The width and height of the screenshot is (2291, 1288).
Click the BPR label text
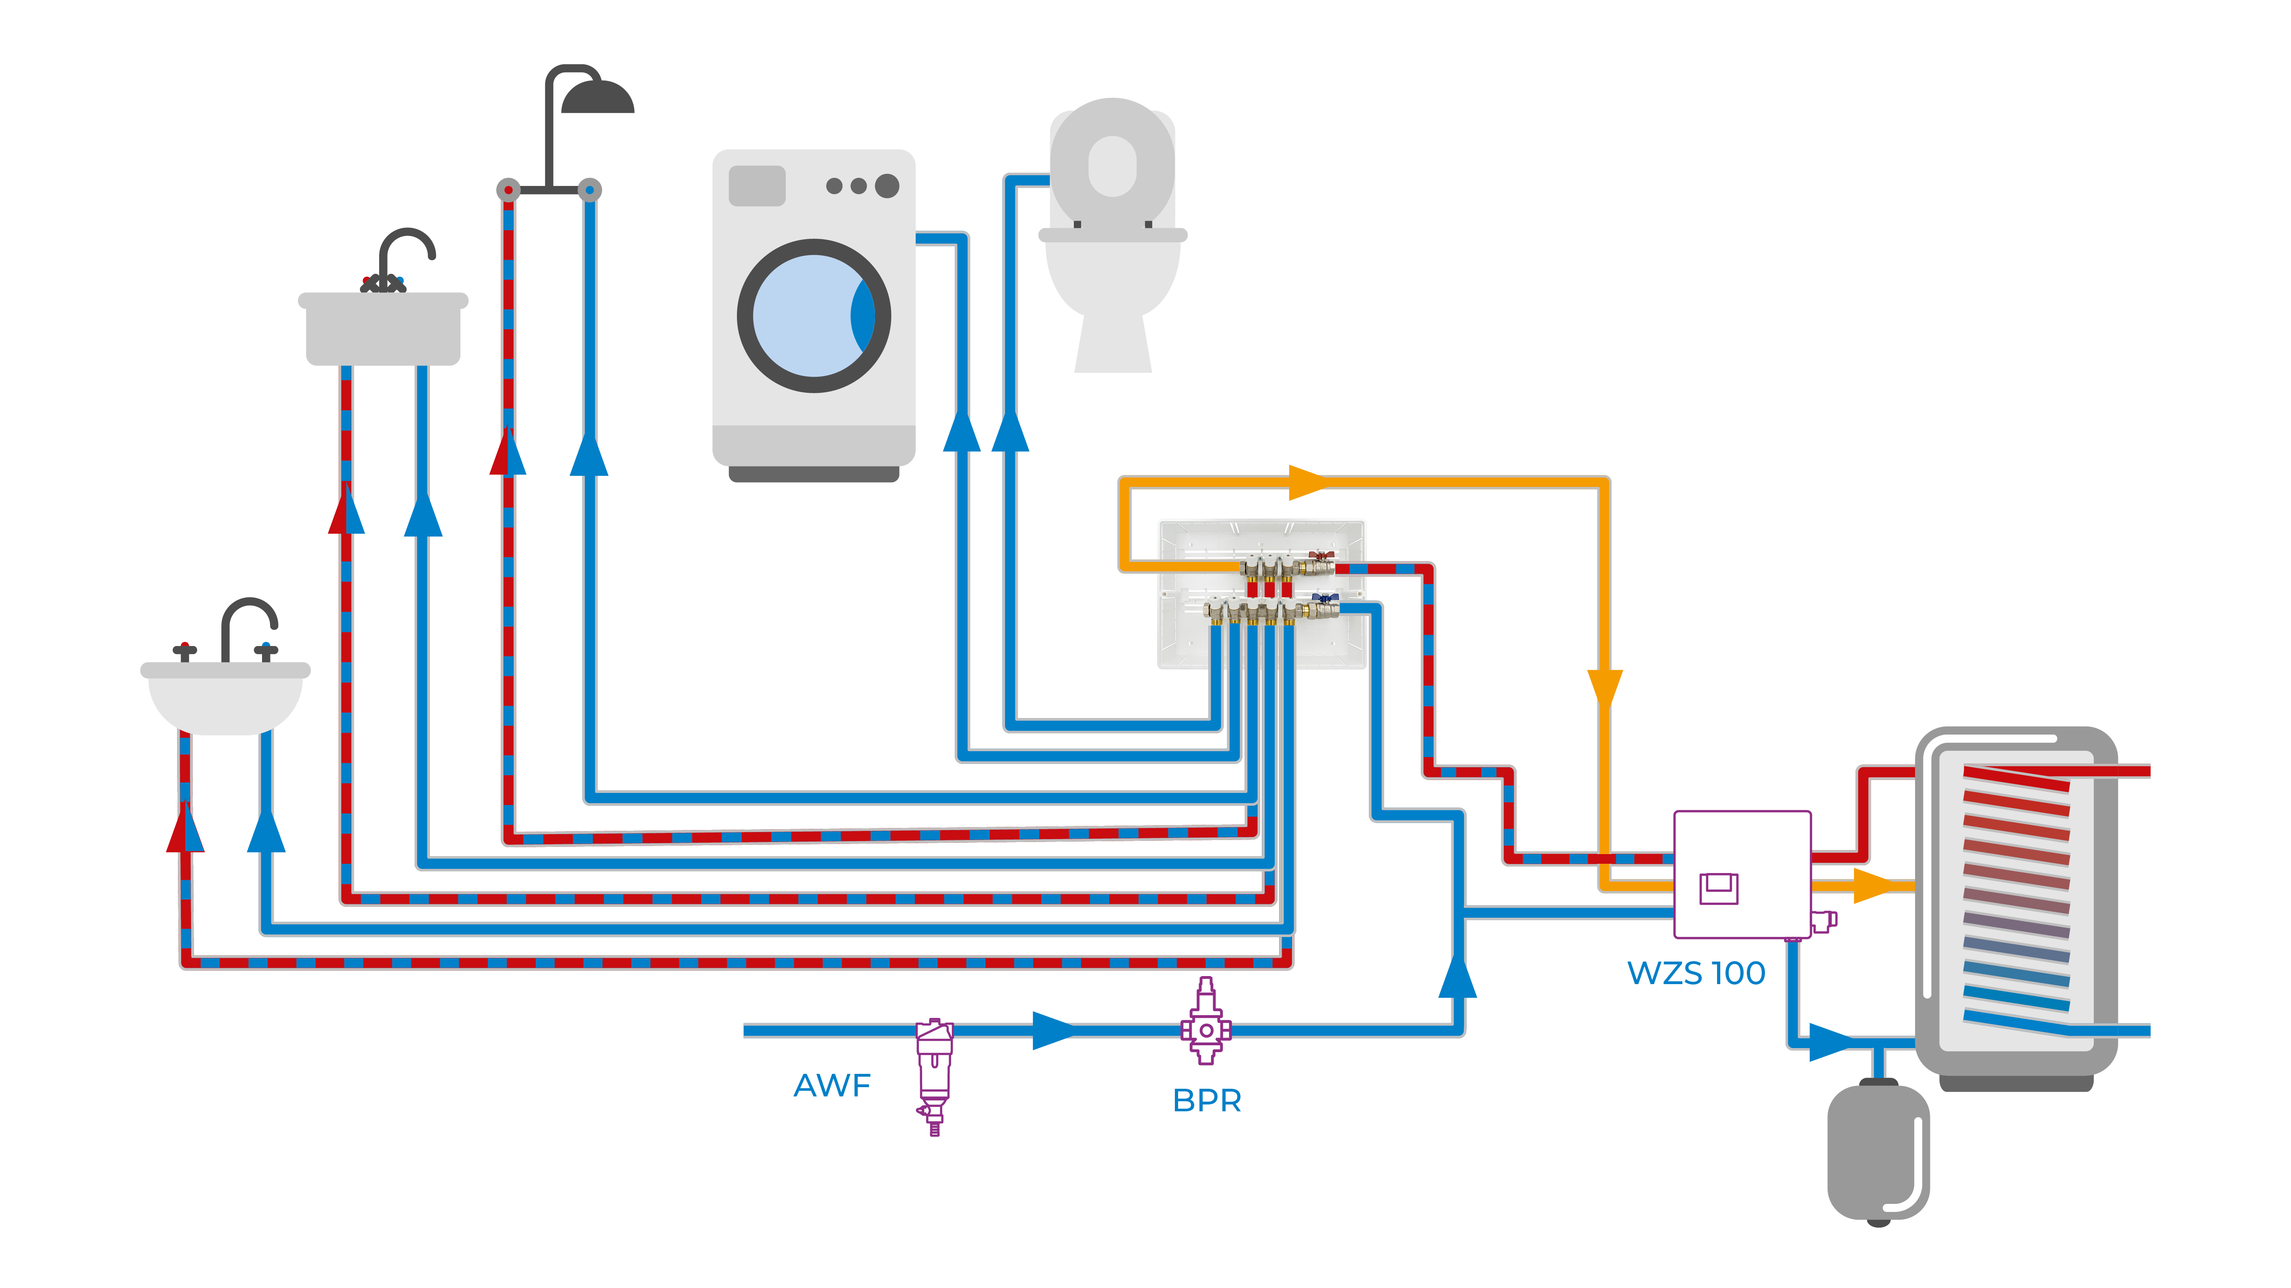pos(1207,1100)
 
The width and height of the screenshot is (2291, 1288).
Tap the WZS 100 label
pos(1696,973)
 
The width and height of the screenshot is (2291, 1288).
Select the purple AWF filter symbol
pos(934,1072)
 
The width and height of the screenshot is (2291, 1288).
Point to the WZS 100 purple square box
pos(1741,874)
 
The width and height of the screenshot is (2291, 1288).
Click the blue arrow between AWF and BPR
pos(1054,1030)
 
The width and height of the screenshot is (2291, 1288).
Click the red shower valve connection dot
pos(508,190)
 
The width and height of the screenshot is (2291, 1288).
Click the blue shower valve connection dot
pos(590,190)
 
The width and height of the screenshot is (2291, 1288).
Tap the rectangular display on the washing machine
pos(757,186)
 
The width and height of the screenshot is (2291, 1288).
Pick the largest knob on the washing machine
pos(887,186)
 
